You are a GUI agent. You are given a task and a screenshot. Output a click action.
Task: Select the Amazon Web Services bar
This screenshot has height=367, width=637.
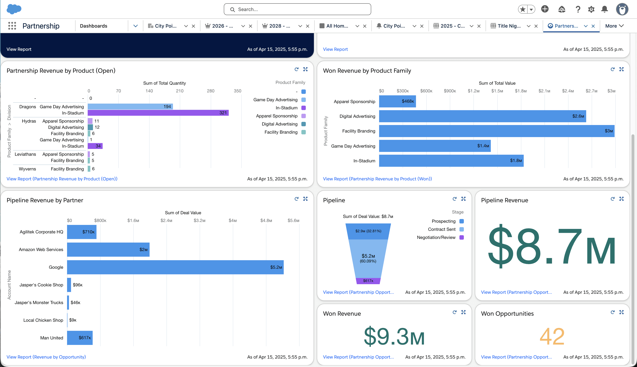[x=108, y=250]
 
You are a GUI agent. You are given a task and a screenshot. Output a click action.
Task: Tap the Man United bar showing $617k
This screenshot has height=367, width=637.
[x=80, y=338]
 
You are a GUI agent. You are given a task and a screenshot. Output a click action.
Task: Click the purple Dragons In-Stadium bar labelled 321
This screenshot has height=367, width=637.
[x=158, y=113]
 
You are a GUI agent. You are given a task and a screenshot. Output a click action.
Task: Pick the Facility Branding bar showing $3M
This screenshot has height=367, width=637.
[x=496, y=131]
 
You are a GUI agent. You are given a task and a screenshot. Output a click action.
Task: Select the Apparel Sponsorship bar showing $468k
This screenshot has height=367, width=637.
[x=397, y=101]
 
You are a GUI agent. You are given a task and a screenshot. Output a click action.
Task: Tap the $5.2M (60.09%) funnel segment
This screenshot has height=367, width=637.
[x=368, y=258]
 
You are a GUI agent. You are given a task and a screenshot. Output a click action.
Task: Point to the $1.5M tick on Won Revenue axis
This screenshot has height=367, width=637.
[x=497, y=91]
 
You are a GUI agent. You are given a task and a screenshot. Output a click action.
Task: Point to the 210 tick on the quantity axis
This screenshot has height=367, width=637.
[x=180, y=91]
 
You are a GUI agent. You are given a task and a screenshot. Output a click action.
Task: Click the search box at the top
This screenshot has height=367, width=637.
[x=297, y=9]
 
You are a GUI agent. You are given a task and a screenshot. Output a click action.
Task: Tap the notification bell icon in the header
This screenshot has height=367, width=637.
[x=604, y=9]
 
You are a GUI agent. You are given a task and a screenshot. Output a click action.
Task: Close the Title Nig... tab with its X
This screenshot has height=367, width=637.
[x=536, y=26]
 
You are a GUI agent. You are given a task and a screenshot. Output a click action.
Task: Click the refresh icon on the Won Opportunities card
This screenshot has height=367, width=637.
[x=612, y=312]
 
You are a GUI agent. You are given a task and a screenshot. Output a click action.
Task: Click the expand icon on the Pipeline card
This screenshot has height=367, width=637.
[x=463, y=199]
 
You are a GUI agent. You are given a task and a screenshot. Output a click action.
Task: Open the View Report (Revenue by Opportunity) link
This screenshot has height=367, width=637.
[x=46, y=357]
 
